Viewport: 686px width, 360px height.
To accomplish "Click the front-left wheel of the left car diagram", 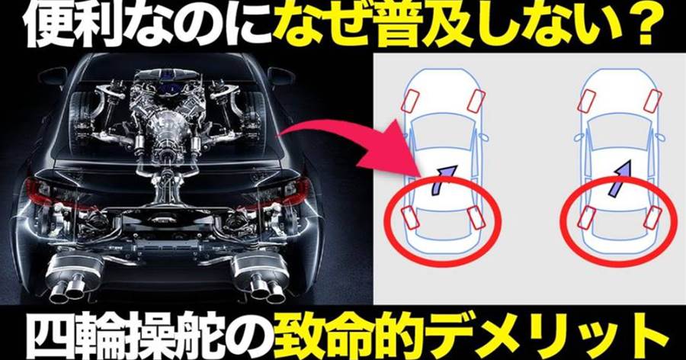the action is click(x=412, y=101).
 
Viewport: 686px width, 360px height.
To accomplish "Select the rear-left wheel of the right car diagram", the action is click(x=585, y=217).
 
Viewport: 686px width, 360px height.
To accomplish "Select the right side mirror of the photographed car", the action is click(x=280, y=76).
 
